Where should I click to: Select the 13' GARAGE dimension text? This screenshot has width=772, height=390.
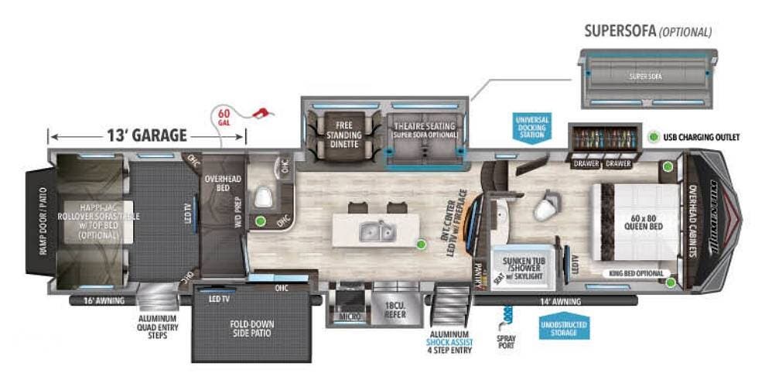(x=146, y=136)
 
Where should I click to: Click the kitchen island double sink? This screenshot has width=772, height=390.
(x=375, y=229)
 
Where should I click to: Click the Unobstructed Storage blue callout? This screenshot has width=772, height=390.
(x=565, y=327)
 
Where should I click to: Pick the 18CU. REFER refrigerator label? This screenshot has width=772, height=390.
(x=395, y=310)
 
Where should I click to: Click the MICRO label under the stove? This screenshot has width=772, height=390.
(x=348, y=316)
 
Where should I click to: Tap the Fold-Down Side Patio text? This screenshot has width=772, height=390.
(x=251, y=329)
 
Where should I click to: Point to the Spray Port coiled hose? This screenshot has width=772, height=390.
(x=507, y=316)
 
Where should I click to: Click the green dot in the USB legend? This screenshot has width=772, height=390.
(x=654, y=137)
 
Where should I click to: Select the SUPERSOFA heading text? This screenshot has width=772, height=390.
(x=619, y=32)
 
